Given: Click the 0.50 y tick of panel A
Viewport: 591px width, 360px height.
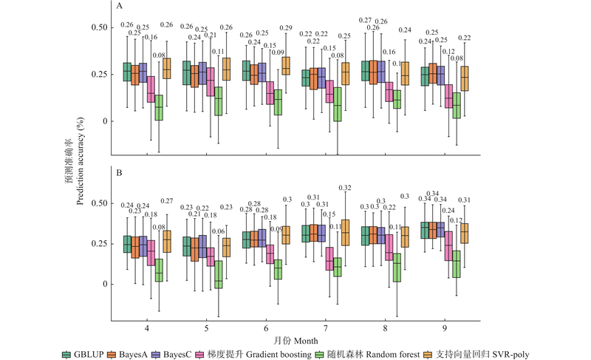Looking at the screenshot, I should [98, 27].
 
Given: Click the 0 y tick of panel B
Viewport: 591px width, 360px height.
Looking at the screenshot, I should [103, 284].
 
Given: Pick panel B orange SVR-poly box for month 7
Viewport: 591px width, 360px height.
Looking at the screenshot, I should [346, 232].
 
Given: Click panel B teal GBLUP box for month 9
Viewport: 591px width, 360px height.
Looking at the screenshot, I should [425, 230].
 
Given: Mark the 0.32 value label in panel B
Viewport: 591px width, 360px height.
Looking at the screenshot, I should [345, 188].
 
